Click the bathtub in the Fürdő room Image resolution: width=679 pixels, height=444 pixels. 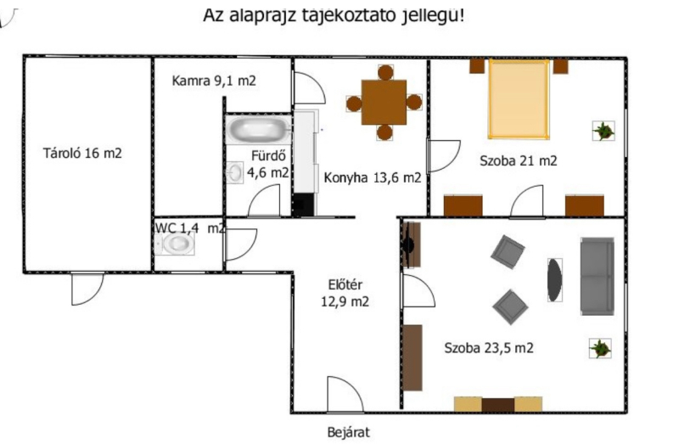point(259,129)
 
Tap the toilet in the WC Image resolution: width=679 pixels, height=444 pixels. point(175,243)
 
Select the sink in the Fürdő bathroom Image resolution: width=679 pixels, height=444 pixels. point(235,172)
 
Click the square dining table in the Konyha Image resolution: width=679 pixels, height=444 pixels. point(384,102)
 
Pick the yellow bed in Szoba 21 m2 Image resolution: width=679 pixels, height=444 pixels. point(519,99)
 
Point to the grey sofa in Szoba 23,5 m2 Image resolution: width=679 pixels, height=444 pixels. point(598,276)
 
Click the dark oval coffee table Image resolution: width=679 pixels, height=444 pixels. point(555,280)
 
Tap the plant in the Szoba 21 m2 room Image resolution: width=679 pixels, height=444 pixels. point(603,131)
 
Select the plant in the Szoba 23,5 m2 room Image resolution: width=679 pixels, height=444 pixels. point(600,348)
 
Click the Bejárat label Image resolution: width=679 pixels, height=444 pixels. point(349,432)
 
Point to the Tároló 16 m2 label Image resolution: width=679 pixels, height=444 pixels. point(82,153)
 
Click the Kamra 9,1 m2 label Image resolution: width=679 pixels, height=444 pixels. point(214,81)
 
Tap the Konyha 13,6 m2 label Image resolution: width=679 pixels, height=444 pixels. point(373,177)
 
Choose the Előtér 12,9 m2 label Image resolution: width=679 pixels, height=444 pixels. point(345,293)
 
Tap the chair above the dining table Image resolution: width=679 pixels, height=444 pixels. point(385,72)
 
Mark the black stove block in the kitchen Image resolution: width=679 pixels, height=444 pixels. point(303,205)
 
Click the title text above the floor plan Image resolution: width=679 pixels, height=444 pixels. point(334,15)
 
